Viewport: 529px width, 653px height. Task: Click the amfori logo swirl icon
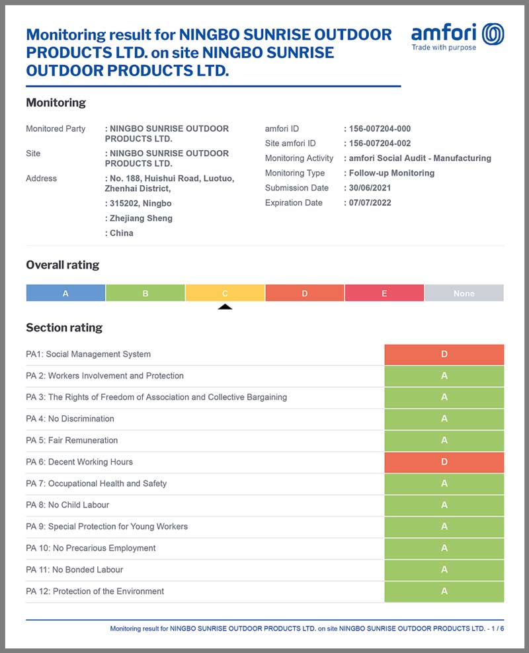[493, 34]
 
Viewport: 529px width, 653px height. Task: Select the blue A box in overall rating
[65, 293]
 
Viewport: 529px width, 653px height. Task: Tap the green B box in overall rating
[145, 293]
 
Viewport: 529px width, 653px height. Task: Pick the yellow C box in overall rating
[225, 293]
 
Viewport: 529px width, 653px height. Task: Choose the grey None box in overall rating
[464, 293]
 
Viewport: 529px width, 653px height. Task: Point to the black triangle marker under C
[225, 306]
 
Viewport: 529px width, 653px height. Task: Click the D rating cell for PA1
[444, 355]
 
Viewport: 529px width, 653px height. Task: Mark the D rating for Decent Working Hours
[444, 462]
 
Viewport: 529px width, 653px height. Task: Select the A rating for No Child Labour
[444, 505]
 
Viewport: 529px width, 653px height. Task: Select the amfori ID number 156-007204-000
[380, 128]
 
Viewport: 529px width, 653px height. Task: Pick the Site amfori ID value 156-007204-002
[380, 144]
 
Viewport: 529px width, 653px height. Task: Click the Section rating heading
[64, 327]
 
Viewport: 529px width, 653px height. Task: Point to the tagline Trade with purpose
[444, 48]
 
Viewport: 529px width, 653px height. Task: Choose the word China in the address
[121, 233]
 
